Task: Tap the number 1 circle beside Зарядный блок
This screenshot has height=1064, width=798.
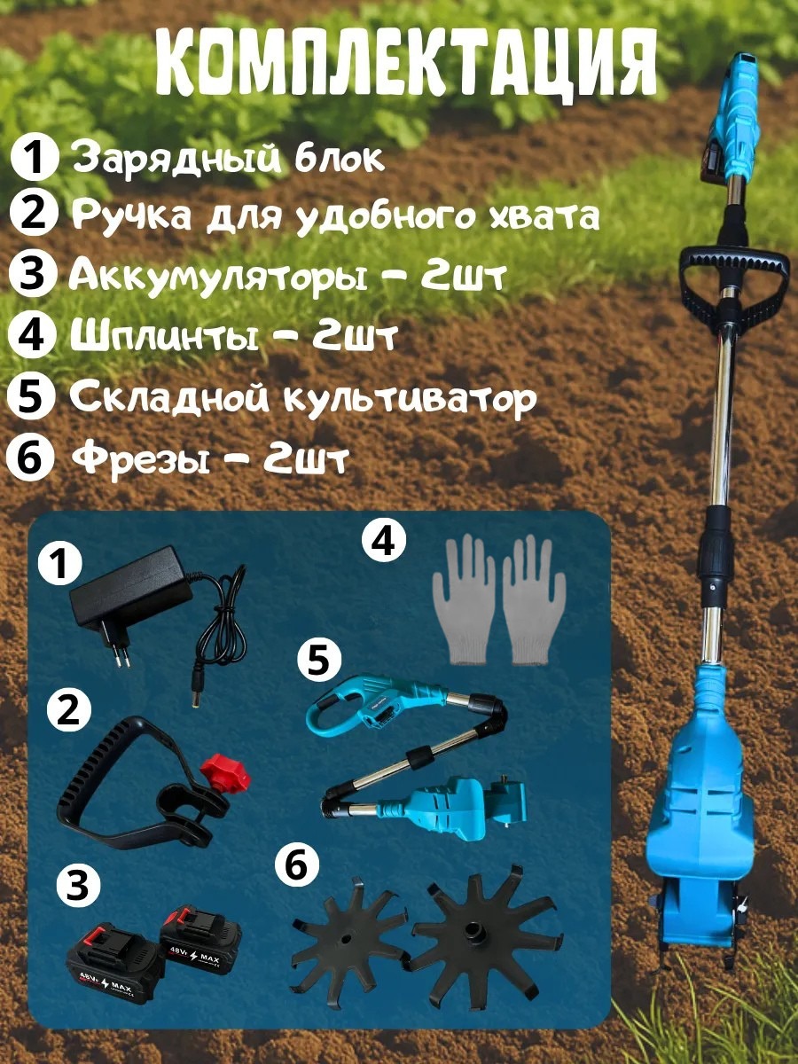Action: [33, 158]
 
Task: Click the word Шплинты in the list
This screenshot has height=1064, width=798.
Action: [165, 335]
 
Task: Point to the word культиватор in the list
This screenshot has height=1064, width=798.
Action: [408, 398]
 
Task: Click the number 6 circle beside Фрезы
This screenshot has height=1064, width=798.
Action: [28, 458]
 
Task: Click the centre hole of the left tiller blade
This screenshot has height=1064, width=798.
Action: [345, 939]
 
